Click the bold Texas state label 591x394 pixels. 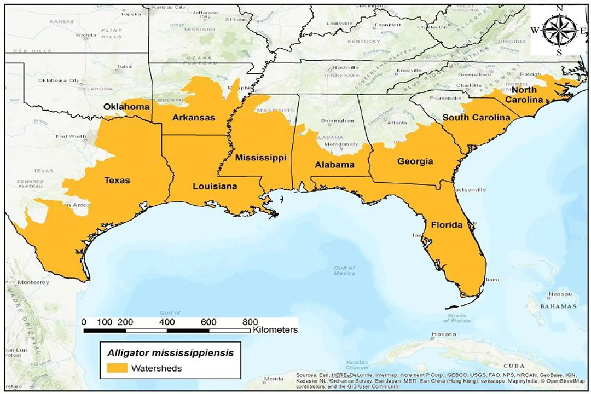click(117, 180)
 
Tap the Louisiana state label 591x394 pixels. click(215, 186)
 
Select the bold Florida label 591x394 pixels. click(446, 225)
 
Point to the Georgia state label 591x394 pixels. click(415, 161)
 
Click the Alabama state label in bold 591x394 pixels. click(334, 164)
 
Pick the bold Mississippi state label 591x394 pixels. click(260, 158)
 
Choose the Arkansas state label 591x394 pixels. click(193, 118)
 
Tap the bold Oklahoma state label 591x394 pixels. click(126, 107)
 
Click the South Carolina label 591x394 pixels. click(476, 118)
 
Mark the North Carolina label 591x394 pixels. click(524, 95)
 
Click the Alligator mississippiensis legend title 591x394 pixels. click(170, 353)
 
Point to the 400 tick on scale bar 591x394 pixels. click(167, 321)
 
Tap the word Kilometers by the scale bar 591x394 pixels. click(275, 330)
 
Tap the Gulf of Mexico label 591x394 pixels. click(344, 270)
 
